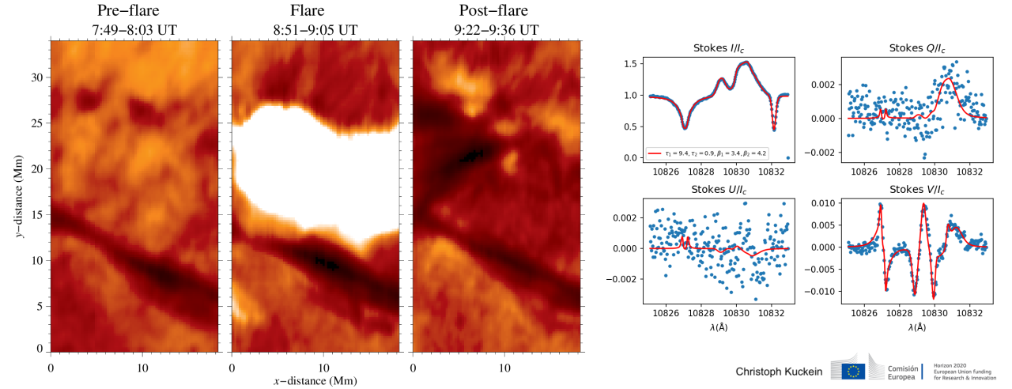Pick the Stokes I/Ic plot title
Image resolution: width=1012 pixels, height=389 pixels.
(716, 49)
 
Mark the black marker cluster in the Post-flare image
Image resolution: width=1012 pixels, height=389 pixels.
(472, 155)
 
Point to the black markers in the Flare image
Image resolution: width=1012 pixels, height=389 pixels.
(327, 262)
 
